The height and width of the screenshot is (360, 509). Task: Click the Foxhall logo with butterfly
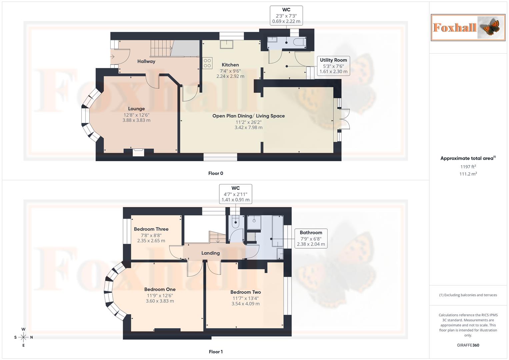[468, 27]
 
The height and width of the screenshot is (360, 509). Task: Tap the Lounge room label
[136, 109]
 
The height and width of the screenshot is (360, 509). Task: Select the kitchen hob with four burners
[207, 63]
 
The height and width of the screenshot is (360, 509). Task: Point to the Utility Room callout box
[333, 66]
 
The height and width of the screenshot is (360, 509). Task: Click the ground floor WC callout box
[286, 16]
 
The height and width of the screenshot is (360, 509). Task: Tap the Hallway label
[146, 61]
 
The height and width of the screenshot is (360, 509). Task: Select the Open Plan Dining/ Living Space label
[248, 116]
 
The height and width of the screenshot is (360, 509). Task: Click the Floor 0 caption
[215, 173]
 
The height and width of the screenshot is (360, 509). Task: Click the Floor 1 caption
[215, 352]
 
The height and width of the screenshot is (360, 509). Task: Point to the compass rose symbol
[23, 337]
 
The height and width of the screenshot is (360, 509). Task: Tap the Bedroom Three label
[151, 229]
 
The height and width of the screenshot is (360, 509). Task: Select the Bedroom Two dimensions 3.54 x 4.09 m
[245, 304]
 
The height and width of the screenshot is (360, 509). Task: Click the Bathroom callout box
[311, 238]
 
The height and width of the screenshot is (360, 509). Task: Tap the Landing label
[210, 253]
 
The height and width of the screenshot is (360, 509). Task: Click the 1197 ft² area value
[468, 167]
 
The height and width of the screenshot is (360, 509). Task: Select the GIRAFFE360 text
[468, 345]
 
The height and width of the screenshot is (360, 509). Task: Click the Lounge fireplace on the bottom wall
[138, 152]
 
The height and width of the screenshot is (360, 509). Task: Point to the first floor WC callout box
[235, 194]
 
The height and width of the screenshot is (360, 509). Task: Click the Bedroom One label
[160, 289]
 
